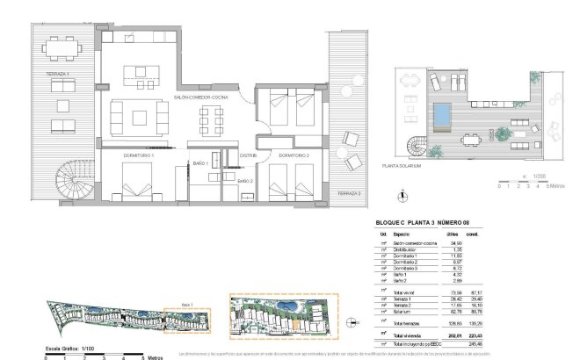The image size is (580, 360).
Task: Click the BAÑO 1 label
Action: pos(200,164)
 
